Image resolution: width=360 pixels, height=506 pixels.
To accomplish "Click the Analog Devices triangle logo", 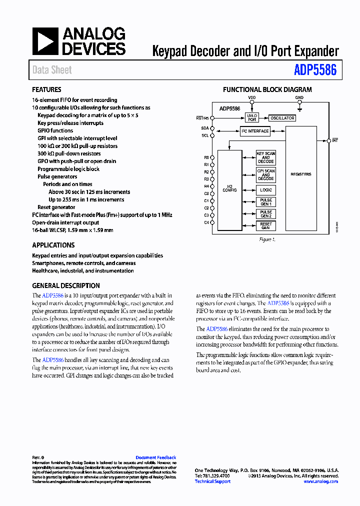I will [x=45, y=41].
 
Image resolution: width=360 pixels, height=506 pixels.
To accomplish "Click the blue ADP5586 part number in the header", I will [x=315, y=70].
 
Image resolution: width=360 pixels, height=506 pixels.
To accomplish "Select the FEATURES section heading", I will [x=46, y=90].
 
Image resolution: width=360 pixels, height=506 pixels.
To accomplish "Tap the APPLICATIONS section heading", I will [x=53, y=245].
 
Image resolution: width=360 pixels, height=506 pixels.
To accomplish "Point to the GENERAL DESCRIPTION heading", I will [x=65, y=285].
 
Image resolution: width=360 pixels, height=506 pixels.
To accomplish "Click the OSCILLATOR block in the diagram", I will [x=282, y=118].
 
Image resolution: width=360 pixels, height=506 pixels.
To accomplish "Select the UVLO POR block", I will [x=251, y=117].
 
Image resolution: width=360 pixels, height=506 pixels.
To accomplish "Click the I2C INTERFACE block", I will [x=255, y=131].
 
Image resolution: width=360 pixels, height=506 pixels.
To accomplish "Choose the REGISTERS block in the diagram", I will [x=300, y=174].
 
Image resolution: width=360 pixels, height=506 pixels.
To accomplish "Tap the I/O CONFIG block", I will [x=229, y=188].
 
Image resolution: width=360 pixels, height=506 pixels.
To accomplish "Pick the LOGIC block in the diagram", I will [x=265, y=190].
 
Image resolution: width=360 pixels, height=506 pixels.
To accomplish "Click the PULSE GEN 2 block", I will [x=265, y=213].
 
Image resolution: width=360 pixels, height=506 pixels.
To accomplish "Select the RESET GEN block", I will [x=265, y=225].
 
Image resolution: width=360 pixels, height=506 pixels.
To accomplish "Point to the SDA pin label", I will [x=205, y=128].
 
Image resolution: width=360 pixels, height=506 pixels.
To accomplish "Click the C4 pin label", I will [x=206, y=222].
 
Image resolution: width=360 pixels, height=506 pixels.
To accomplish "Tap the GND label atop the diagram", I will [x=299, y=98].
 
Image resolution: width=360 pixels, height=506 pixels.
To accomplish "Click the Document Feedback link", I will [x=155, y=457].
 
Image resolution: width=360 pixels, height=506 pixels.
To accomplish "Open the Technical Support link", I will [x=212, y=481].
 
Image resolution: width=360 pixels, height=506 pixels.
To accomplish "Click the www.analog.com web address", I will [x=320, y=481].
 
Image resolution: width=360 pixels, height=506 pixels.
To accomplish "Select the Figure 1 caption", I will [x=267, y=239].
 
